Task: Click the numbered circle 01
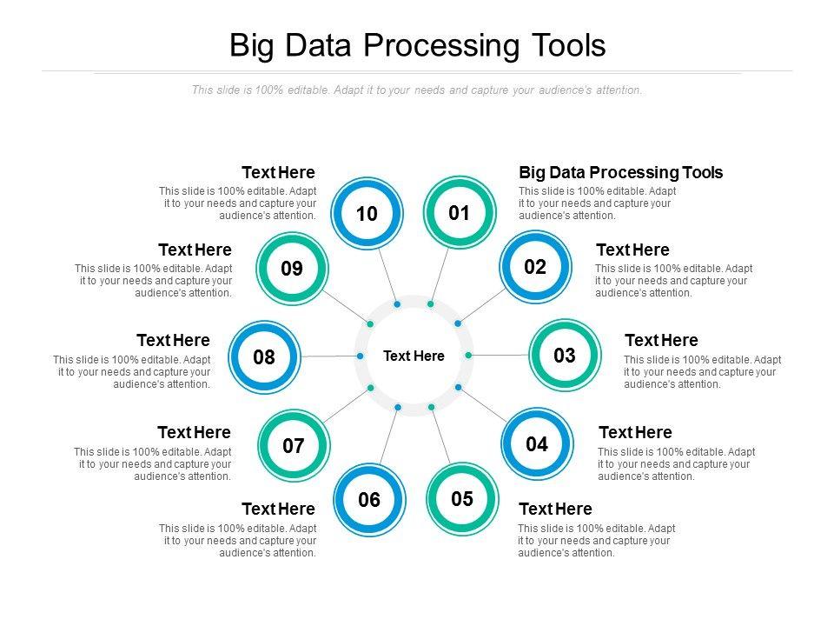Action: coord(459,213)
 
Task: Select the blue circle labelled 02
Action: coord(535,267)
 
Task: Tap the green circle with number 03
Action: coord(564,355)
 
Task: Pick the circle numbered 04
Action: coord(537,444)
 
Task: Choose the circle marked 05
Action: coord(462,498)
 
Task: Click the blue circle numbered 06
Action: coord(369,500)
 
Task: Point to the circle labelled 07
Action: coord(294,446)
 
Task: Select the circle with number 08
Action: coord(264,356)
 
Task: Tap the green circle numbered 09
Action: coord(292,269)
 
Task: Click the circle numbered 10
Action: coord(367,214)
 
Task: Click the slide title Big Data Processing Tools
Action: coord(417,46)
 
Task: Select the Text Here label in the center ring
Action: coord(414,356)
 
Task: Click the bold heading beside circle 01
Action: coord(620,172)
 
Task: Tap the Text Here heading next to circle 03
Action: coord(661,340)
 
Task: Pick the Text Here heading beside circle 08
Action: coord(173,340)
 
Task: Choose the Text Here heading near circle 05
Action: coord(554,509)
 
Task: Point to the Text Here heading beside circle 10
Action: coord(278,172)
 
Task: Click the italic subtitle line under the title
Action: coord(417,90)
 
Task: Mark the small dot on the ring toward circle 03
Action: coord(468,355)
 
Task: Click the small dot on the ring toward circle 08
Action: coord(360,356)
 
